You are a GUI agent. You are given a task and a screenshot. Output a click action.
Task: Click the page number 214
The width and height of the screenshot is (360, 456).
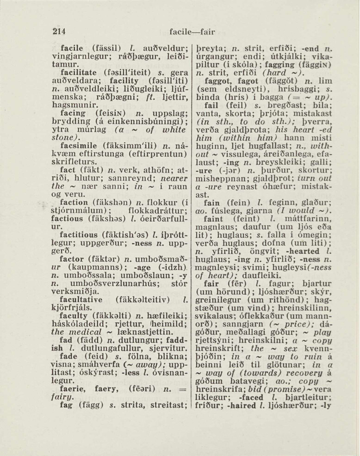pos(59,31)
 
